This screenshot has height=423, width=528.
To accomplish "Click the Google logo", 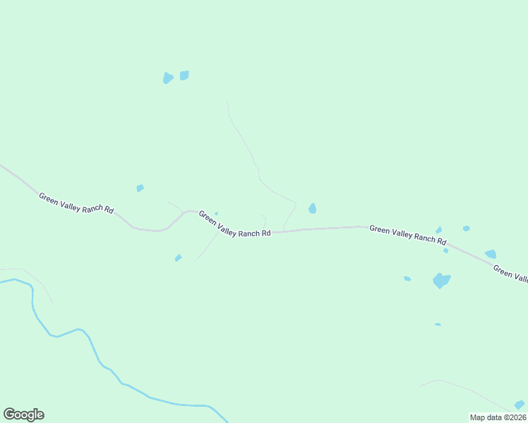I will coord(24,415).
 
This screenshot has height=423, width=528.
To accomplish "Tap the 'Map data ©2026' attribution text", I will coord(498,417).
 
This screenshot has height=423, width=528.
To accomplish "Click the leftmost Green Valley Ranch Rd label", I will coord(76,203).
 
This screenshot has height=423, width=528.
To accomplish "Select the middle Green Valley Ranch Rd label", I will coord(234,223).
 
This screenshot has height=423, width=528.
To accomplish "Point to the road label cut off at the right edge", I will coord(510,274).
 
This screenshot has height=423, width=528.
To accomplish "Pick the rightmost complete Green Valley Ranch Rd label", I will coord(408,235).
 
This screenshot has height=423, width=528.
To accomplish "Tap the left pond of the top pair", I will coord(167,78).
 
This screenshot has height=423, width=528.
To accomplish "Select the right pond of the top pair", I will coord(184,75).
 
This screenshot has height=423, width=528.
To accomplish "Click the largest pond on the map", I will coord(441,281).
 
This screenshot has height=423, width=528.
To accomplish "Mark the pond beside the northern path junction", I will coord(312,208).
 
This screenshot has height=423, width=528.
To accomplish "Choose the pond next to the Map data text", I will coord(520,405).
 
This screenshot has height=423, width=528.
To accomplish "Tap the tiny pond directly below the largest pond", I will coord(438,324).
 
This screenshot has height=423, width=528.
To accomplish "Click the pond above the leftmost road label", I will coord(140,188).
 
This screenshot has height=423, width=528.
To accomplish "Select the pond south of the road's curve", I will coord(178,258).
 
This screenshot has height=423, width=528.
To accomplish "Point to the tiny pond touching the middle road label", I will coord(216,214).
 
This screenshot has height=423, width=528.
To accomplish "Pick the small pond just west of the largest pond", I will coord(407,278).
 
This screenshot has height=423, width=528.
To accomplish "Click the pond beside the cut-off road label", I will coord(490,254).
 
